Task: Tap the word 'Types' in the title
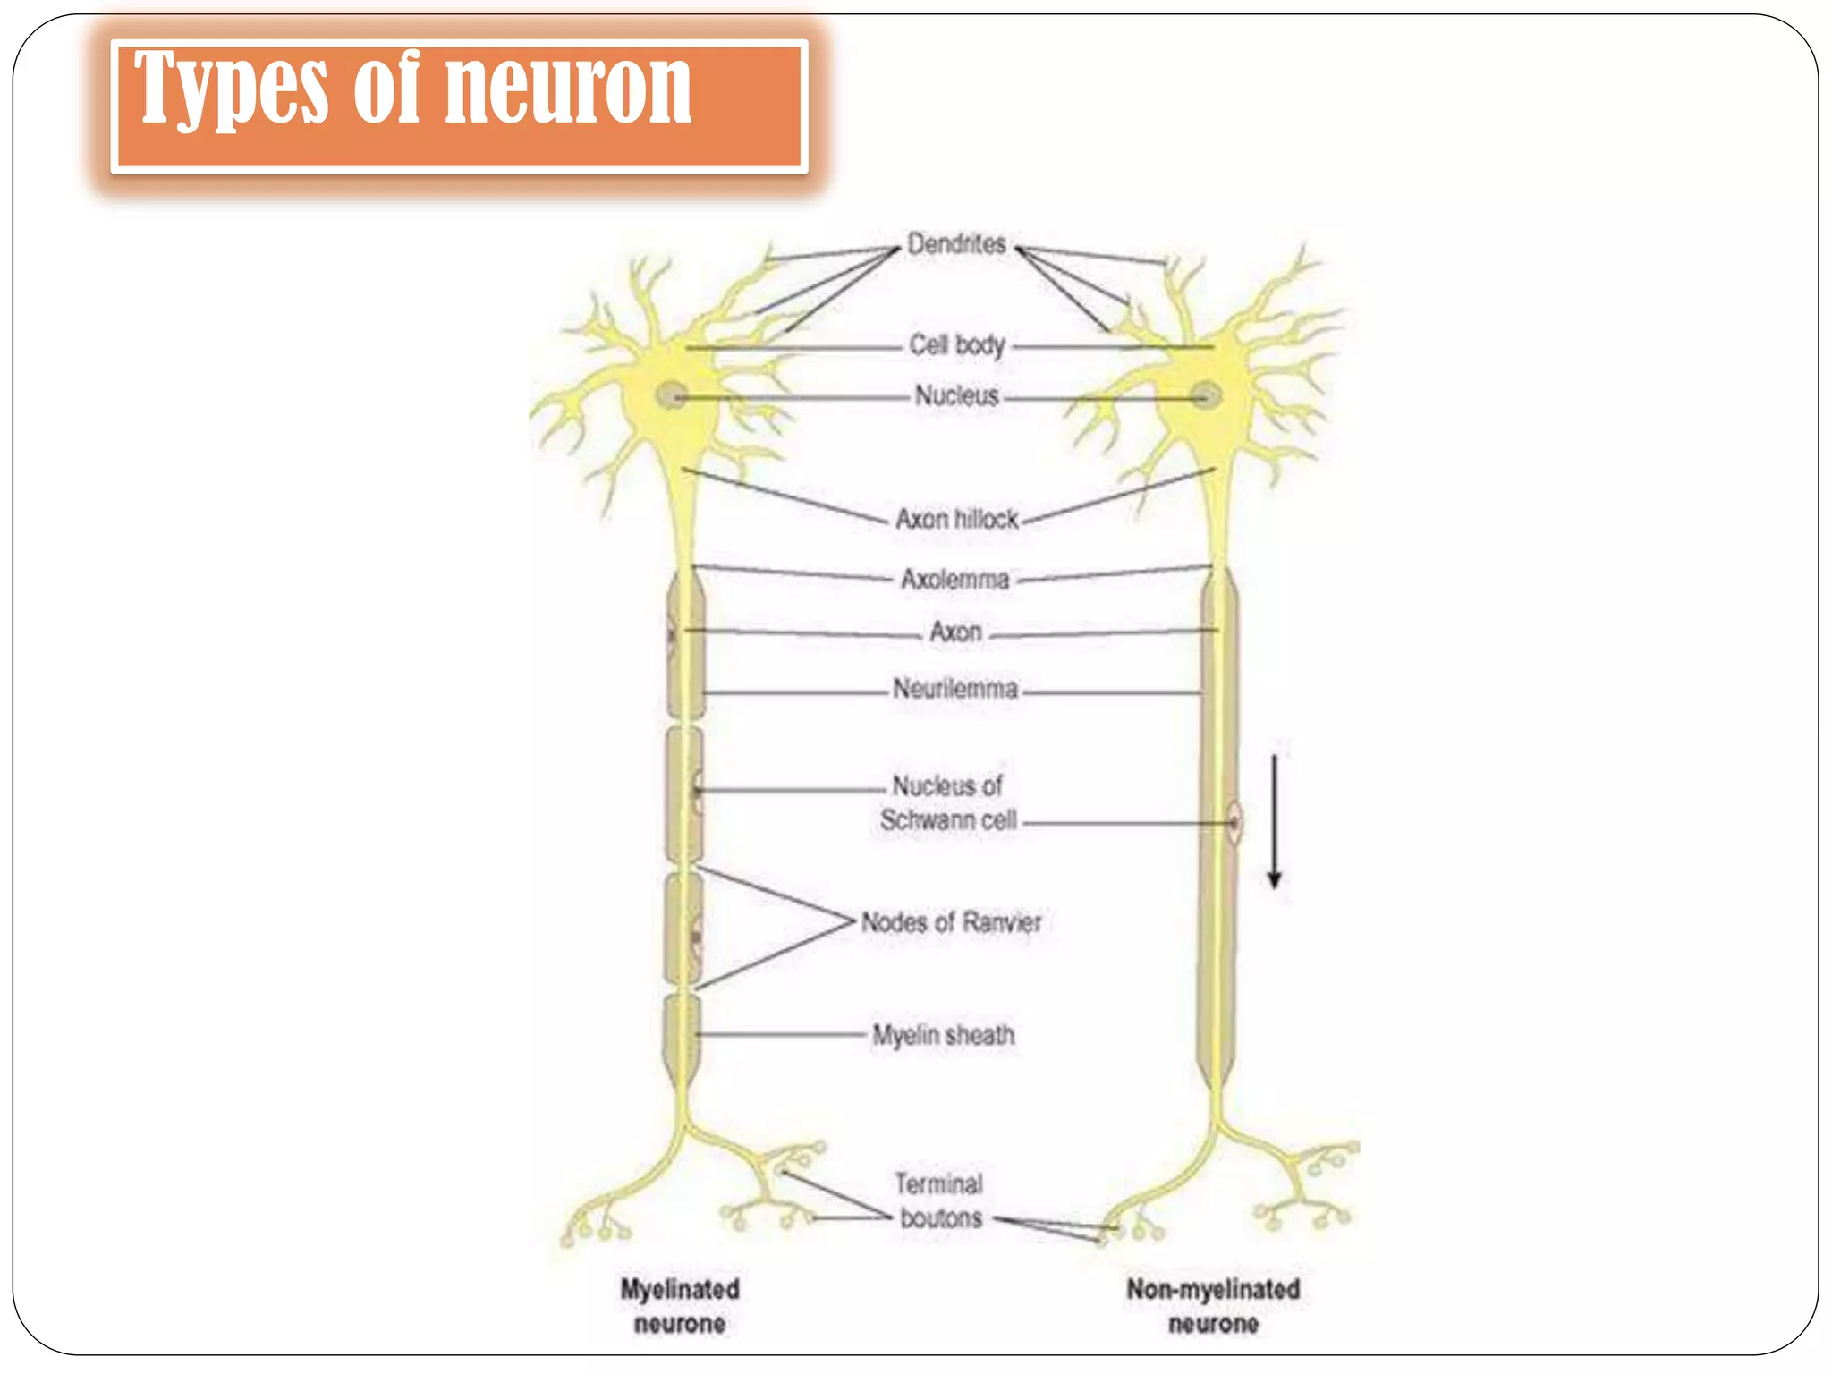click(232, 89)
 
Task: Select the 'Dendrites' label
click(956, 243)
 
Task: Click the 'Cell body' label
click(957, 345)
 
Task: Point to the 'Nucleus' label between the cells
click(956, 395)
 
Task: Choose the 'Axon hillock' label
click(957, 519)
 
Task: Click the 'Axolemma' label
click(955, 580)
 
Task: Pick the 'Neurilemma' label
click(955, 689)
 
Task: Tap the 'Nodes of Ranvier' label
click(951, 922)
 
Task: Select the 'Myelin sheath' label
click(944, 1036)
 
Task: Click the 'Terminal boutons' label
click(940, 1201)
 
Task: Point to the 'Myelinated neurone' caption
click(680, 1306)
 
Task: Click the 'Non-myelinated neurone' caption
click(1213, 1306)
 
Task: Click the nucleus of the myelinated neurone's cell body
click(672, 394)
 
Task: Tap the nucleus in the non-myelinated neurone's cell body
click(1206, 394)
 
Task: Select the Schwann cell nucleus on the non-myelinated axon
click(1234, 822)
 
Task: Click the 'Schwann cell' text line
click(948, 820)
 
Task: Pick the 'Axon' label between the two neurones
click(955, 632)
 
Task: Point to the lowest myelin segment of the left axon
click(682, 1038)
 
